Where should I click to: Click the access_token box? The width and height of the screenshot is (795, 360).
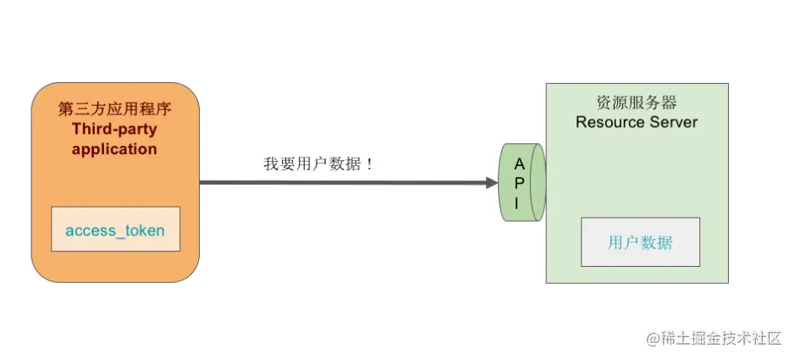click(115, 230)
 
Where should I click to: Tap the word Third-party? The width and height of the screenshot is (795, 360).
click(114, 130)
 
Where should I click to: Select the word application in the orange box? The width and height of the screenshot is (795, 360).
click(114, 149)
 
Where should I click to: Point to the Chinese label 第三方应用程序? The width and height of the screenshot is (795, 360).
click(114, 109)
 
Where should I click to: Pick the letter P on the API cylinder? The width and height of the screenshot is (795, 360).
click(519, 182)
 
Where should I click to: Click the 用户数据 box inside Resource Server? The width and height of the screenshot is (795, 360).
click(640, 242)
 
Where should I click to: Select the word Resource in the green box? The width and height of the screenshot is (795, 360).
click(604, 122)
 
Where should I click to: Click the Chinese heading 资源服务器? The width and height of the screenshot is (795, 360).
click(636, 102)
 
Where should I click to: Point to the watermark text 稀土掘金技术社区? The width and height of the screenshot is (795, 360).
click(720, 339)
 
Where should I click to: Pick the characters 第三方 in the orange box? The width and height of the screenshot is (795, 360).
click(85, 109)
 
